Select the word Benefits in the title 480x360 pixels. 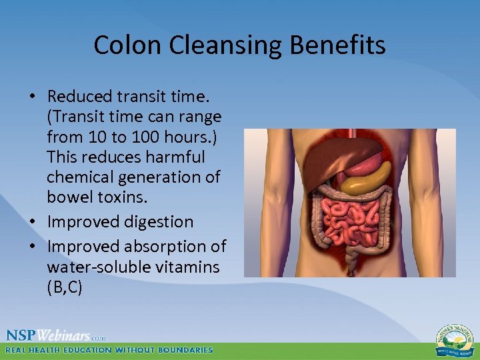(342, 45)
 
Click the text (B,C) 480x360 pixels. (64, 287)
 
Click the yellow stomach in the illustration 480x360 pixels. (369, 178)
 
